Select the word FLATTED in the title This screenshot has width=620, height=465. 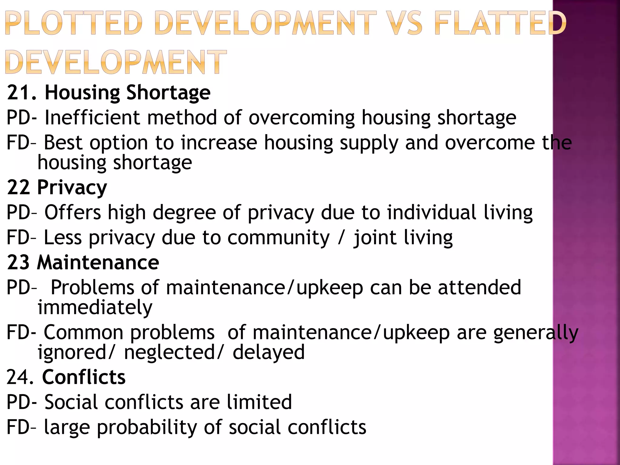[500, 23]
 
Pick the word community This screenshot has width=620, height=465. [278, 238]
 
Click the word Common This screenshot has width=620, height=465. [84, 332]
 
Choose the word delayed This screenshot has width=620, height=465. [269, 352]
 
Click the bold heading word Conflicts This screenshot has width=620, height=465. [84, 377]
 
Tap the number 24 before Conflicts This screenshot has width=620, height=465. [18, 377]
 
